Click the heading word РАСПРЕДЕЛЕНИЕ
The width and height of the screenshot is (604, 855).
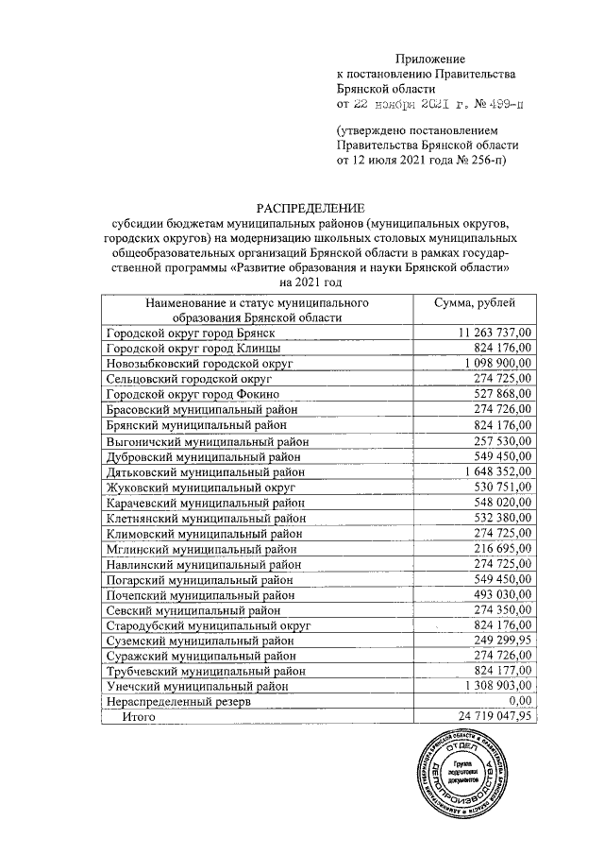click(x=310, y=208)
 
